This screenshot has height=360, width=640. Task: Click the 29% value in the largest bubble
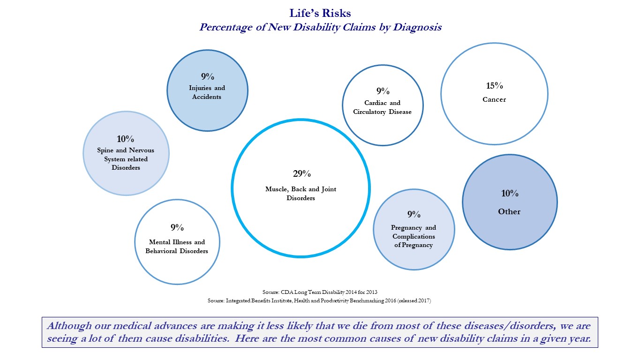pyautogui.click(x=302, y=173)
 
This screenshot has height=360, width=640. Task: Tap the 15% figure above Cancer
pyautogui.click(x=495, y=85)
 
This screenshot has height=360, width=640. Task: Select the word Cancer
pyautogui.click(x=494, y=99)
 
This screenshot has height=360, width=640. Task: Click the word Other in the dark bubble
pyautogui.click(x=509, y=211)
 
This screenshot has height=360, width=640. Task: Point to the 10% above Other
pyautogui.click(x=510, y=193)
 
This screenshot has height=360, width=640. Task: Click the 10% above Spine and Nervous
pyautogui.click(x=126, y=139)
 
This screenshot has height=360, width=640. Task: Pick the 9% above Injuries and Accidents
pyautogui.click(x=207, y=76)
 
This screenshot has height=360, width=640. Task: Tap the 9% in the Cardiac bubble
pyautogui.click(x=383, y=91)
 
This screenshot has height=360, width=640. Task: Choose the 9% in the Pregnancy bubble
pyautogui.click(x=414, y=214)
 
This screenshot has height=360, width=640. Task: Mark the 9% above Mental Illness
pyautogui.click(x=177, y=227)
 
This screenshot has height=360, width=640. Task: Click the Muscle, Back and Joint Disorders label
pyautogui.click(x=301, y=194)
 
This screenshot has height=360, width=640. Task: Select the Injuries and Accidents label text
pyautogui.click(x=207, y=92)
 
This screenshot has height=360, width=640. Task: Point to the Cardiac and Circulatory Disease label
pyautogui.click(x=382, y=107)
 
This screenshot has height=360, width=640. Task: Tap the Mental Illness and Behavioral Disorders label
pyautogui.click(x=177, y=246)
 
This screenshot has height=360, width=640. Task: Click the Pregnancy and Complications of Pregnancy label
pyautogui.click(x=414, y=236)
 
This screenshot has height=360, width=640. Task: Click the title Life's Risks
pyautogui.click(x=320, y=13)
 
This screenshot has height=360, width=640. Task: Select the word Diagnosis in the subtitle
pyautogui.click(x=417, y=27)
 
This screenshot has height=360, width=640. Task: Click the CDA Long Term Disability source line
pyautogui.click(x=320, y=292)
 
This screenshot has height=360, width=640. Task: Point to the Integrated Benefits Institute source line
pyautogui.click(x=319, y=300)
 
